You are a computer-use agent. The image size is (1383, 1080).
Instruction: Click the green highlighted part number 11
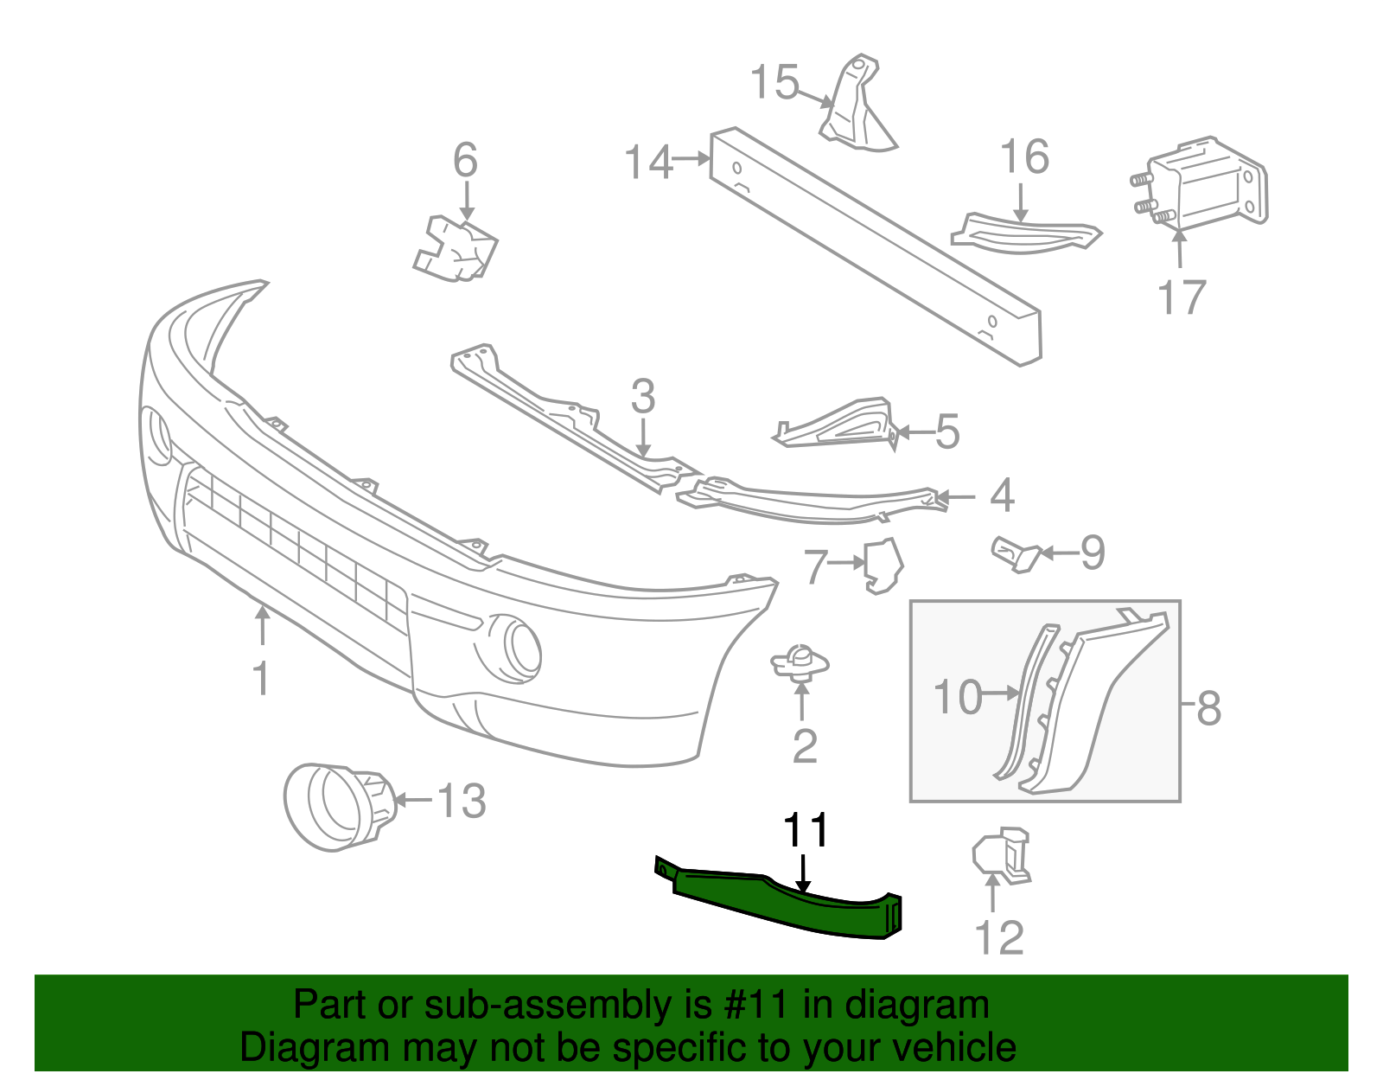[x=778, y=904]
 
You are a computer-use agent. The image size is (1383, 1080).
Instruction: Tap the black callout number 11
[x=806, y=831]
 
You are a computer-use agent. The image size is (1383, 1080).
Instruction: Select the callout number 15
[x=774, y=83]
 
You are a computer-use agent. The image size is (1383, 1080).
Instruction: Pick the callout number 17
[x=1181, y=297]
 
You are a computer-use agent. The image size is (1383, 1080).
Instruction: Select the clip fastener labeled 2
[x=800, y=664]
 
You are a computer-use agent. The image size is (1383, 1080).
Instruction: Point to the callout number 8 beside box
[x=1208, y=708]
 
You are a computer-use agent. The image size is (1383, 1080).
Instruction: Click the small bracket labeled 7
[x=883, y=566]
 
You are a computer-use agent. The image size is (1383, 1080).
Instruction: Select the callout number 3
[x=642, y=397]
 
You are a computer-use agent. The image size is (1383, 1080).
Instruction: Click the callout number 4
[x=1001, y=495]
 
